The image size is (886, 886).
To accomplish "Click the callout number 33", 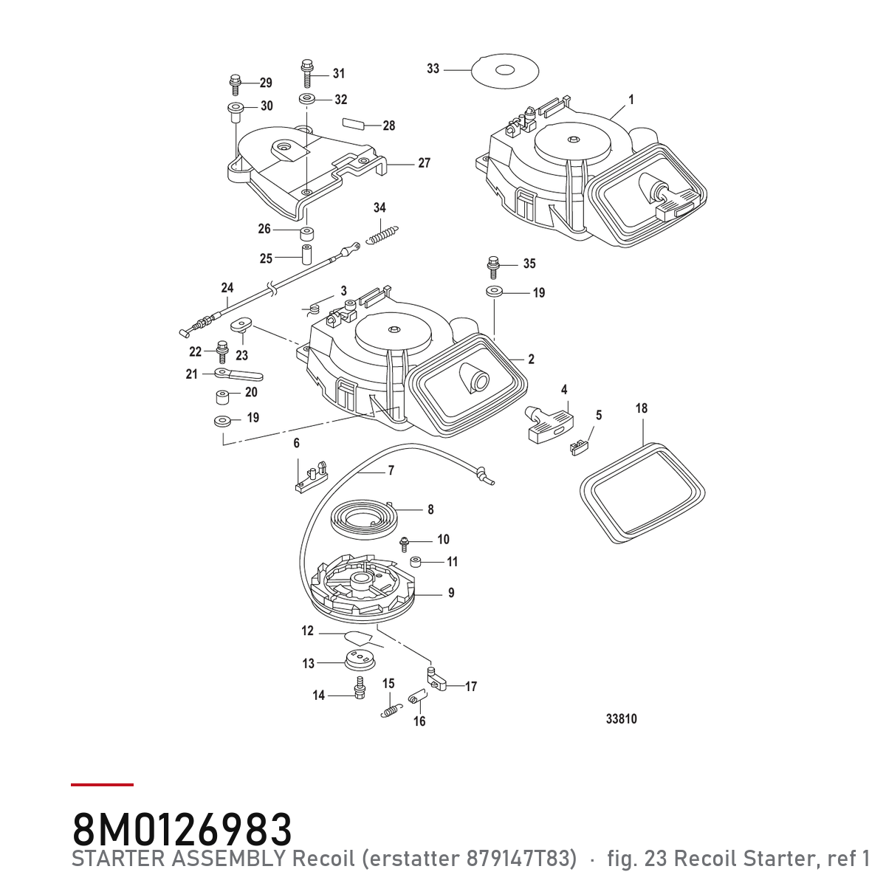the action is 433,69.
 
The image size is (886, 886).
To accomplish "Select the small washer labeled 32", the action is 306,100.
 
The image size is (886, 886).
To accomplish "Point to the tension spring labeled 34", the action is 382,235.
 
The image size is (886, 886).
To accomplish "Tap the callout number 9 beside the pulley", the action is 451,593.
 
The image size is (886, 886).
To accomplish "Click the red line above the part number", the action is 102,785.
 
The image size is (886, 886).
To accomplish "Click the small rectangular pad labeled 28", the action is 354,123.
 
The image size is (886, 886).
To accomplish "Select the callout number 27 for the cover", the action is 424,162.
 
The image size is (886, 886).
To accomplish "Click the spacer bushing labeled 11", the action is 416,562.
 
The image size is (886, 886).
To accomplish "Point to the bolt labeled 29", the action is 235,85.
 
